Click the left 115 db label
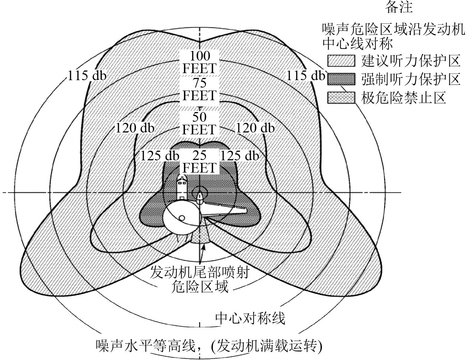pos(87,76)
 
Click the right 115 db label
pos(306,76)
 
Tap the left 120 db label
pos(134,128)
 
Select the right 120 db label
pos(255,128)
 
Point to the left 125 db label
pos(160,156)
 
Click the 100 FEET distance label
pos(199,62)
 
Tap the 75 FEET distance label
pos(199,89)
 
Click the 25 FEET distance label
pos(199,161)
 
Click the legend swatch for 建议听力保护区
pos(341,60)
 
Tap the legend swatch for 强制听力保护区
pos(341,79)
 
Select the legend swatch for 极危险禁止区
pos(341,98)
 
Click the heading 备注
pos(399,7)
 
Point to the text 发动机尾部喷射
pos(199,273)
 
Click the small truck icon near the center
pos(182,188)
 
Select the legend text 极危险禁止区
pos(403,98)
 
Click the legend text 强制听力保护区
pos(411,79)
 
